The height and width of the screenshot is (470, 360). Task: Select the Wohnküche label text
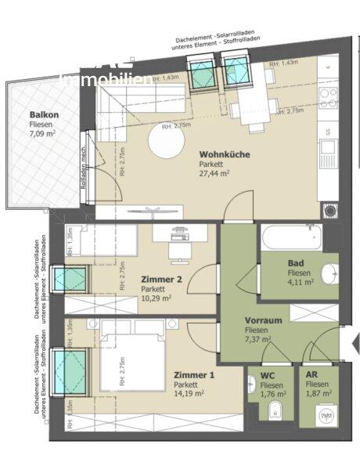pos(225,155)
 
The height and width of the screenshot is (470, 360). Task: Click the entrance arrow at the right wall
pos(353,342)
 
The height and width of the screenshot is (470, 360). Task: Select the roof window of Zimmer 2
pos(76,279)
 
